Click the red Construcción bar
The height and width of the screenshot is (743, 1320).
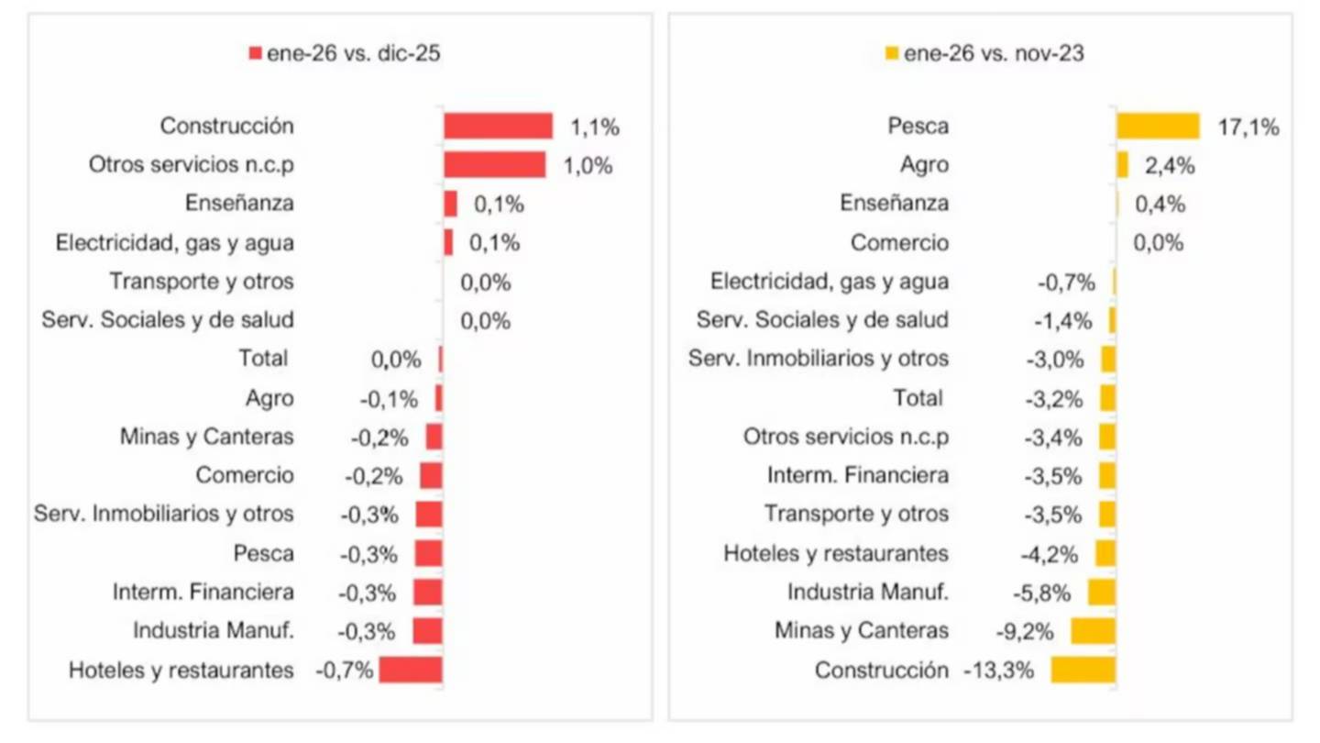tap(498, 126)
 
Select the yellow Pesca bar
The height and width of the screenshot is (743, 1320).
tap(1158, 126)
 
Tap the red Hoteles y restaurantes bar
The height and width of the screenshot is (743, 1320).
tap(411, 670)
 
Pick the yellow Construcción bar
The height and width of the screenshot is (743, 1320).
tap(1083, 670)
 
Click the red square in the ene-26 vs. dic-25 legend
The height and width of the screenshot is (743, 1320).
tap(255, 54)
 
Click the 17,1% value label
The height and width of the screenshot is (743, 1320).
tap(1248, 128)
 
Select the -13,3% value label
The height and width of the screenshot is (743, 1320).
tap(999, 671)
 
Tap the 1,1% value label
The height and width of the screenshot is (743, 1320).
tap(595, 128)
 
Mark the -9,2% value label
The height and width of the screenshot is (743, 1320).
tap(1025, 631)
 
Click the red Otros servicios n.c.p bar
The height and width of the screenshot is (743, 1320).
tap(494, 165)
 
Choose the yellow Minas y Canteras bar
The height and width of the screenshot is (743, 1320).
tap(1093, 631)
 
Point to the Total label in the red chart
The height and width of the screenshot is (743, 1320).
tap(263, 359)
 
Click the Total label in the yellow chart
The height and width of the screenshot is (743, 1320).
tap(918, 398)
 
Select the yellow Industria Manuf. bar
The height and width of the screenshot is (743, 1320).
tap(1101, 592)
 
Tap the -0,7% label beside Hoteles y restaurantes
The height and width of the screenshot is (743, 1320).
tap(344, 671)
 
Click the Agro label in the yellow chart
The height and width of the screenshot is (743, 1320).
tap(924, 166)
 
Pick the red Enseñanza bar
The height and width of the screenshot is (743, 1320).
tap(450, 204)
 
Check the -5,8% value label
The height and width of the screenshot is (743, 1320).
tap(1042, 593)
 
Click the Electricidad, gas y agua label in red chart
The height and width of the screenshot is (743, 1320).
tap(175, 243)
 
